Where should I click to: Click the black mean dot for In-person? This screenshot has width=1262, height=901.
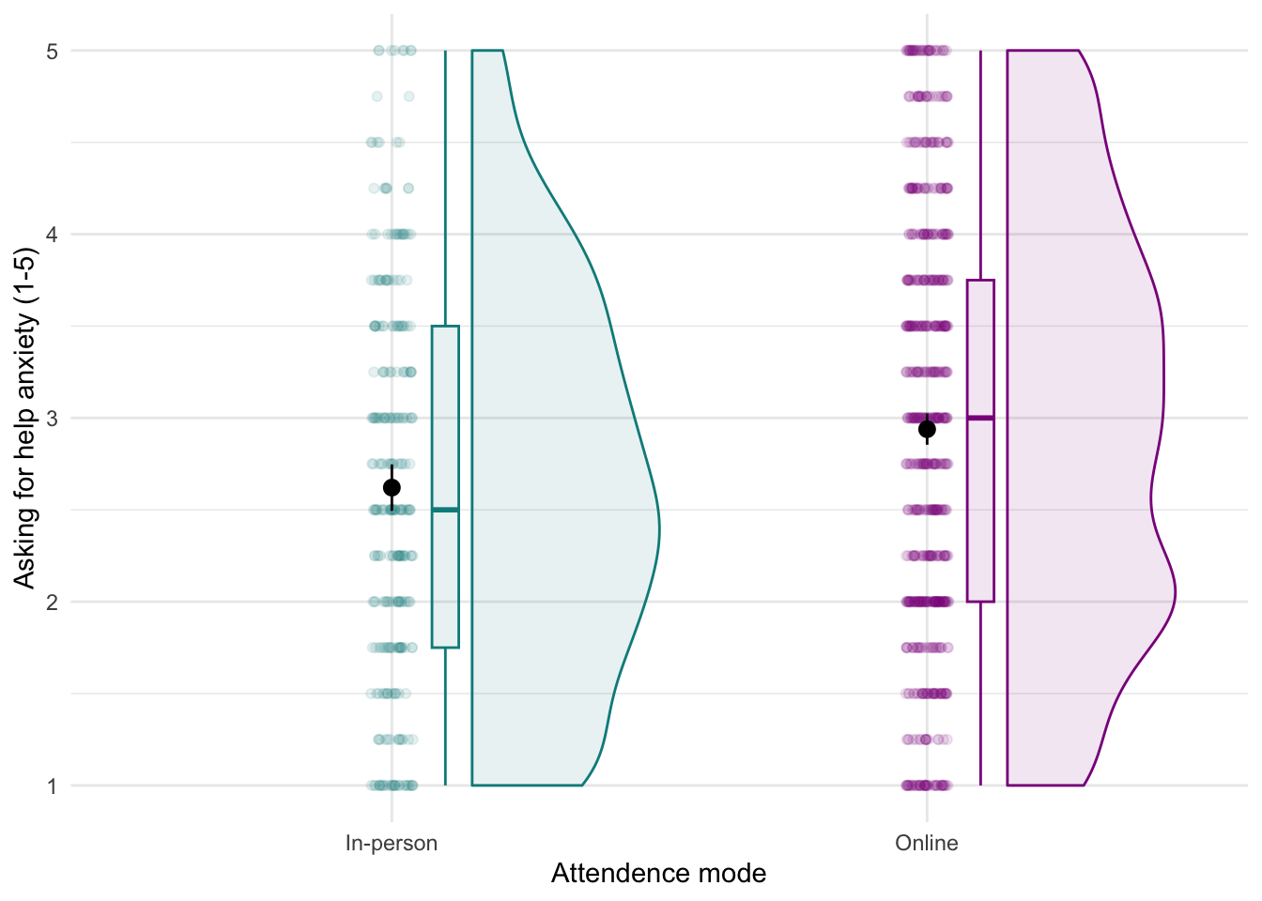click(392, 487)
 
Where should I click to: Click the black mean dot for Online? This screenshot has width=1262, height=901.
click(927, 429)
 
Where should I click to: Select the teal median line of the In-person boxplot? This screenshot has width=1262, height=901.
click(445, 510)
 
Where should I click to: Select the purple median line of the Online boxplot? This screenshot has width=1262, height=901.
click(980, 418)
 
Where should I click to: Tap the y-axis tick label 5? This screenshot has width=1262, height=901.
click(52, 51)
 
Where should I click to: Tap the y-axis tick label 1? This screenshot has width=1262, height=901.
click(52, 786)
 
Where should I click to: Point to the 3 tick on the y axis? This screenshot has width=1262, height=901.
click(52, 418)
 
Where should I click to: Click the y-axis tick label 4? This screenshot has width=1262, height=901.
click(52, 235)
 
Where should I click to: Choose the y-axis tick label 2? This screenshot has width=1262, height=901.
click(52, 602)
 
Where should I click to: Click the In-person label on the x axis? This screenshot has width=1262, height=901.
click(392, 843)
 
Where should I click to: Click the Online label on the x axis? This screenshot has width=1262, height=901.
click(927, 843)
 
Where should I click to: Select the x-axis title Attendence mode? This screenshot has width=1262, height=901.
click(658, 874)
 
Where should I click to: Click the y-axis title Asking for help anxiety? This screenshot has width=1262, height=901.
click(25, 418)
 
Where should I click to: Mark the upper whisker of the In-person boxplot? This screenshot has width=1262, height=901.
click(445, 188)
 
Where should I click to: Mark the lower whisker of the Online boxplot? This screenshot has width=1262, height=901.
click(980, 695)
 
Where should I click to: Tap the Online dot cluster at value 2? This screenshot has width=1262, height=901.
click(927, 602)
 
